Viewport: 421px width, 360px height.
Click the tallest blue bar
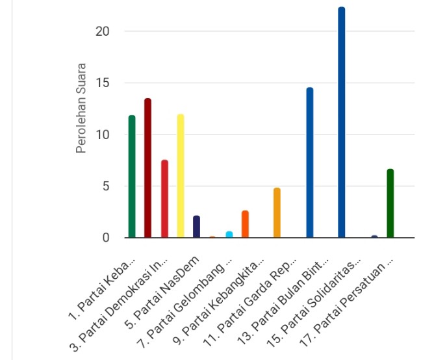click(x=342, y=123)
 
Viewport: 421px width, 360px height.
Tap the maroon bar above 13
click(x=148, y=169)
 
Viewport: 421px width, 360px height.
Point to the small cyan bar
click(x=229, y=235)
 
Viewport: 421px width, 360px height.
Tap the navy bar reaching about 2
click(x=196, y=227)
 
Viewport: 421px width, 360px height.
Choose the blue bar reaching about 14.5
click(x=310, y=163)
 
